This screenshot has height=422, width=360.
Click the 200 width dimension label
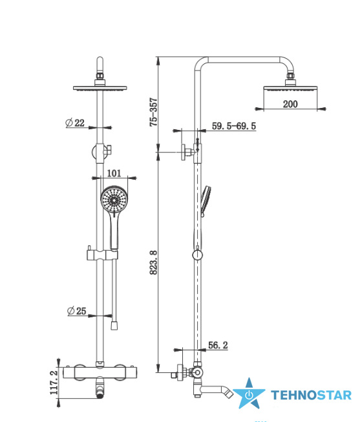tap(290, 104)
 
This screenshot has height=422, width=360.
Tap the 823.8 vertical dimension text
tap(153, 262)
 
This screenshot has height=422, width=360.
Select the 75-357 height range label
tap(153, 112)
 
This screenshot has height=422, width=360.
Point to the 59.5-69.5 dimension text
tap(234, 126)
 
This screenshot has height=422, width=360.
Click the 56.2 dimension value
tap(218, 345)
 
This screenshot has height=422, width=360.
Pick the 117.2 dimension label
tap(54, 383)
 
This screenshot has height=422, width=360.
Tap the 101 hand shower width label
tap(114, 173)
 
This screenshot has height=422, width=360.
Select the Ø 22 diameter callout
tap(75, 123)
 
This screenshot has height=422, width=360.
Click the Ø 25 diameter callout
tap(77, 311)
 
